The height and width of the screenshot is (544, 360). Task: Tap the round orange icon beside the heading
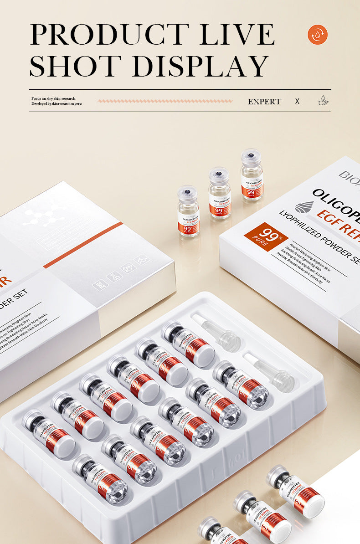pos(318,35)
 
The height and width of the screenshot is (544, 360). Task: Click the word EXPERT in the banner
pos(264,102)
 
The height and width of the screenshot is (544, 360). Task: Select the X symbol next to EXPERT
pos(297,101)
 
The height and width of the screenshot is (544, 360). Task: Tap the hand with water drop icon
pos(323,101)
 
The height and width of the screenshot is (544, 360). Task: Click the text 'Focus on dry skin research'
pos(53,98)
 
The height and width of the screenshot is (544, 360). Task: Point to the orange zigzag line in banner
pos(165,101)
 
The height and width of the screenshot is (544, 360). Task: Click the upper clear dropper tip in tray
pos(216,331)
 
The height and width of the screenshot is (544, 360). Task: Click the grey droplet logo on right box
pos(304,207)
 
